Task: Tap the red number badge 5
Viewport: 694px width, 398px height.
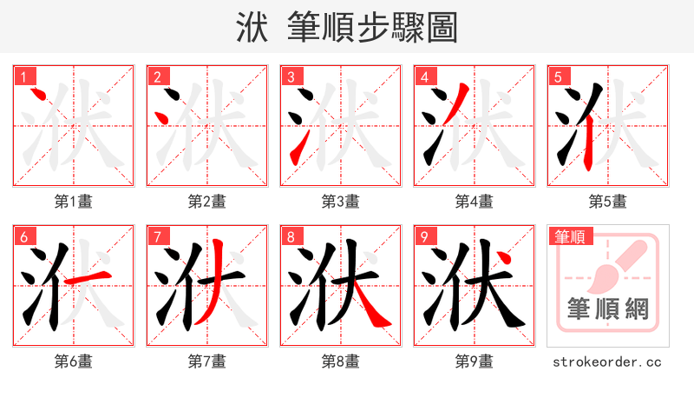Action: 559,77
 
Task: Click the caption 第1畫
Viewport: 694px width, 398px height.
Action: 74,202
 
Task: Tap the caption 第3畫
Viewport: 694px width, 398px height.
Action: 341,202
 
